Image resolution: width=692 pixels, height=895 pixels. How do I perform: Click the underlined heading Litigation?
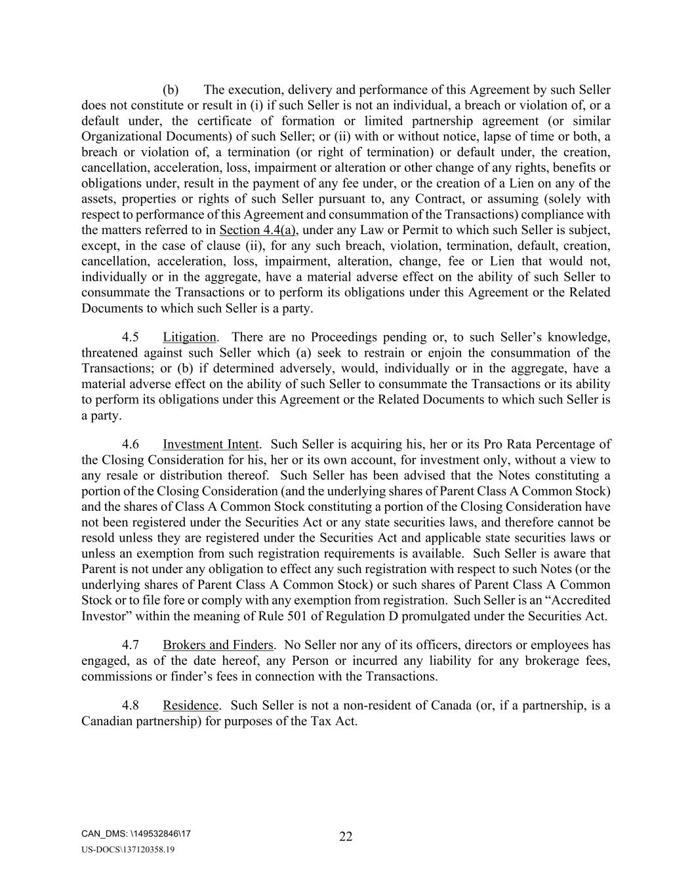[x=190, y=337]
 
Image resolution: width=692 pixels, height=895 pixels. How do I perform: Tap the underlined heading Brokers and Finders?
[x=218, y=645]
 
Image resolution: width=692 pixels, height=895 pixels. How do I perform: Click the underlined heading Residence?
[x=190, y=706]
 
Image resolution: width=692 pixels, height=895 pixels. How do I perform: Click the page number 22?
[x=346, y=837]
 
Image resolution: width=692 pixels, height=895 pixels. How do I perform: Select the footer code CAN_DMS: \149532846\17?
[x=136, y=834]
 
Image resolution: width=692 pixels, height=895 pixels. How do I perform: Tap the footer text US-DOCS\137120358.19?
[x=128, y=850]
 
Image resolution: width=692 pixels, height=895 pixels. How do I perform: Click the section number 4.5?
[x=131, y=337]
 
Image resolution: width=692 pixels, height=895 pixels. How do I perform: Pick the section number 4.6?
[x=131, y=445]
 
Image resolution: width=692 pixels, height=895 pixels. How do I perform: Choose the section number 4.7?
[x=131, y=645]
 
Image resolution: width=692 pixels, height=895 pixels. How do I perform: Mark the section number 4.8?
[x=131, y=706]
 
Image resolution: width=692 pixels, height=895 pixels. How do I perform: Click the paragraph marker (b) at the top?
[x=171, y=90]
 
